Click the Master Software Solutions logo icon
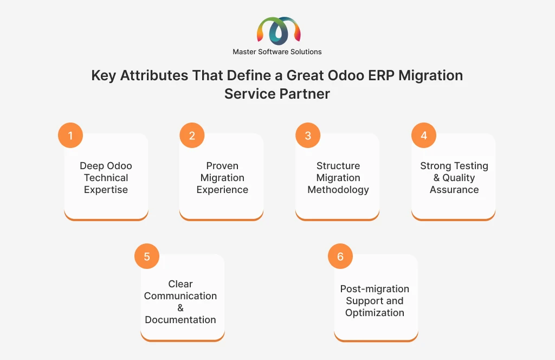point(279,31)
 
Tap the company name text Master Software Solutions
point(277,52)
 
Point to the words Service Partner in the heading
point(277,94)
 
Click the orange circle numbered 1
point(70,135)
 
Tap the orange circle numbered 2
point(192,135)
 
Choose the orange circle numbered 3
point(308,135)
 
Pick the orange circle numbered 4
point(424,135)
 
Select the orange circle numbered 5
point(147,256)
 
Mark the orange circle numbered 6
point(340,256)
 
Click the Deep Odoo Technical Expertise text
point(106,178)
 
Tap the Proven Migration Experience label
point(222,178)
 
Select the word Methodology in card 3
point(338,190)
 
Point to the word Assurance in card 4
point(454,190)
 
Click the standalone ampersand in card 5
point(180,308)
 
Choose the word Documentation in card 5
point(180,320)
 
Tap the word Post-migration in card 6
point(375,289)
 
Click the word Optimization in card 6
point(375,313)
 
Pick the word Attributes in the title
point(154,75)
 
